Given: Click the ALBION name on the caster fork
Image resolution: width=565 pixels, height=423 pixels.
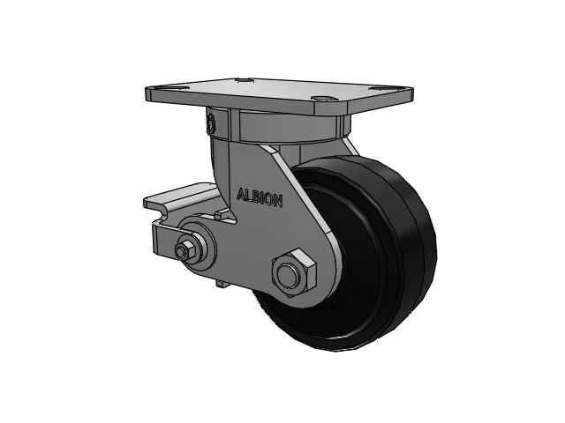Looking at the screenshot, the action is (260, 197).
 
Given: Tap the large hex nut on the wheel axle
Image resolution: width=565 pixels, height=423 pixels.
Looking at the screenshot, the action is (294, 272).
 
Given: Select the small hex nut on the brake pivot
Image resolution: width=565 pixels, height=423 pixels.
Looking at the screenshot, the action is (183, 250).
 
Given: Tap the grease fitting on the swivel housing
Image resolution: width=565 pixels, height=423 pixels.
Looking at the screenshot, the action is (210, 122).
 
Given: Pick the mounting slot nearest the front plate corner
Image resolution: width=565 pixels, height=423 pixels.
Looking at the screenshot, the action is (324, 98).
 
